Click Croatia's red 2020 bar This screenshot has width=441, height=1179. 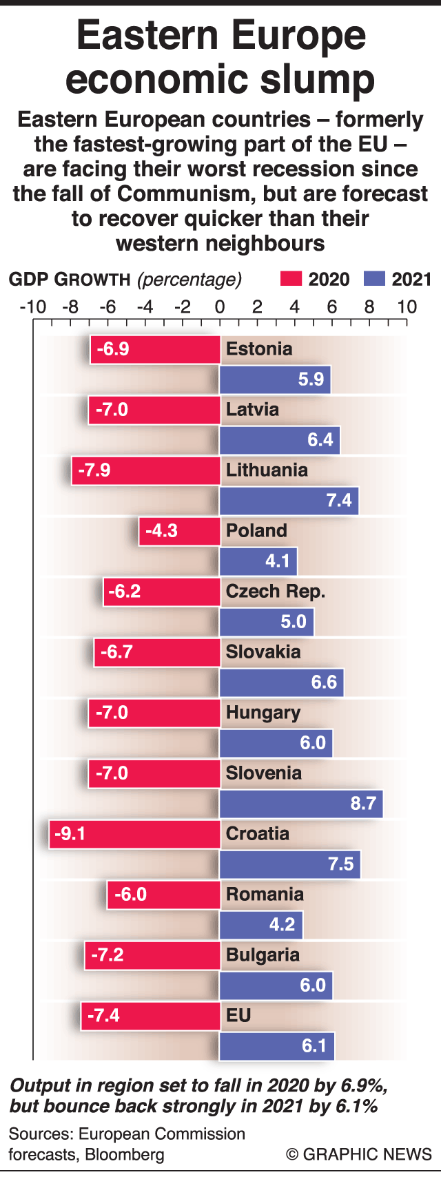coord(134,834)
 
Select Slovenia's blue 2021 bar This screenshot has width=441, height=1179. coord(301,804)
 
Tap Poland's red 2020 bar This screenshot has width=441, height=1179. coord(179,531)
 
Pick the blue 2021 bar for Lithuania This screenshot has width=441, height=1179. coord(289,501)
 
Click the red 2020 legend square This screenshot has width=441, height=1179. coord(291,279)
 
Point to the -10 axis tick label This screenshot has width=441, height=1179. coord(32,306)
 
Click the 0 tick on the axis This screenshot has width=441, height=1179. coord(220,306)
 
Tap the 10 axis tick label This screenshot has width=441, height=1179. coord(407,306)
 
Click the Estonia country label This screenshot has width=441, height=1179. coord(259,349)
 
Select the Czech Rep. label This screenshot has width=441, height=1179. coord(276,592)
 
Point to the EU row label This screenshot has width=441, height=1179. coord(238,1016)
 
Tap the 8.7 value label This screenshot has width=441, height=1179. coord(363,804)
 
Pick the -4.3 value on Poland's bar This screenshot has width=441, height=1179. coord(161,531)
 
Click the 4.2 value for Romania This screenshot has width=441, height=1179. coord(282,925)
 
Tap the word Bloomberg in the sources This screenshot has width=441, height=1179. coord(125,1154)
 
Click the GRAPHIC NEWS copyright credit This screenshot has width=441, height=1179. coord(359,1154)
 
